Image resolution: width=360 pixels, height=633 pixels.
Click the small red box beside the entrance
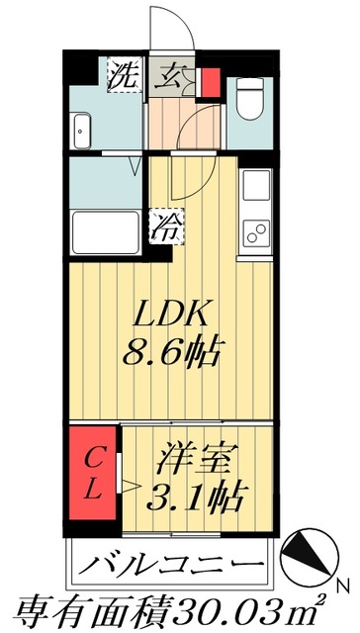(x=209, y=81)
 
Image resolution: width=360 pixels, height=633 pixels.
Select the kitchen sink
(x=254, y=186)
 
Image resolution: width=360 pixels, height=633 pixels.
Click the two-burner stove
(x=254, y=234)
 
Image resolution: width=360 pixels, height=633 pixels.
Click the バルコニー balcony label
(x=170, y=566)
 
